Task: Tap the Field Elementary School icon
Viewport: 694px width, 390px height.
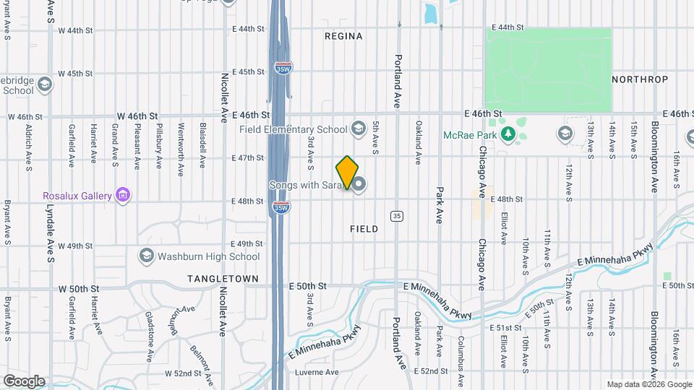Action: click(357, 129)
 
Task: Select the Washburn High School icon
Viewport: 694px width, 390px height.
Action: click(147, 256)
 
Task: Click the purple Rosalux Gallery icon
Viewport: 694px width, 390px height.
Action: click(124, 195)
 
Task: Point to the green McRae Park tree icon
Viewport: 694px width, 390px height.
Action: click(508, 134)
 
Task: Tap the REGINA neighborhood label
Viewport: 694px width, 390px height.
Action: click(343, 35)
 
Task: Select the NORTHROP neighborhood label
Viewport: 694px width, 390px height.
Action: click(639, 79)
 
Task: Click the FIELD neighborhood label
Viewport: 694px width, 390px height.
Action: click(364, 229)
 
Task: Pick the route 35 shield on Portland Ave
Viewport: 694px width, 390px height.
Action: click(396, 216)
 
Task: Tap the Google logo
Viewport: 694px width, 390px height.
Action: click(24, 381)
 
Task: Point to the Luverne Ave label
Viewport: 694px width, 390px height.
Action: click(317, 373)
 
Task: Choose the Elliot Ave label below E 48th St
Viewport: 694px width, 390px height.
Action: click(504, 227)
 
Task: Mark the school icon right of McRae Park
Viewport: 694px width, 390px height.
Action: click(565, 134)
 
